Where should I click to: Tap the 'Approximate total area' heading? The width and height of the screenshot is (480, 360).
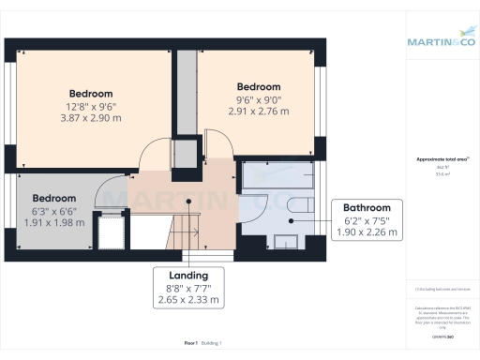(x=442, y=159)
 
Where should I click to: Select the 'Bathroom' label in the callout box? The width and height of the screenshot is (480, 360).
(x=371, y=207)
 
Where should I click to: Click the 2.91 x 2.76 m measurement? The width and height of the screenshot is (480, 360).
(x=258, y=111)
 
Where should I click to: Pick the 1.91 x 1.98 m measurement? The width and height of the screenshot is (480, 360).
(x=53, y=223)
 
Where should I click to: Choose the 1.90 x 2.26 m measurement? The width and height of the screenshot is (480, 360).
(x=371, y=232)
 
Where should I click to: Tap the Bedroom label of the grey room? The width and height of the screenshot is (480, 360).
(x=53, y=199)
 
